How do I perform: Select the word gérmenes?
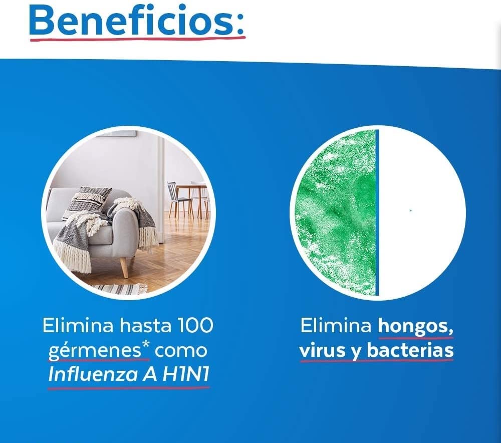tap(95, 351)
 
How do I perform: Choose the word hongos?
tap(415, 326)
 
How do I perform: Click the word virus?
tap(323, 351)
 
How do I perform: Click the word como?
tap(180, 351)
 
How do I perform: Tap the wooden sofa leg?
tap(123, 267)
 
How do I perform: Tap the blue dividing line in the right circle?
tap(377, 212)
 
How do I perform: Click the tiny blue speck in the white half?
tap(410, 210)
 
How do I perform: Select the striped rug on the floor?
tap(120, 288)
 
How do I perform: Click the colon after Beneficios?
tap(240, 24)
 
